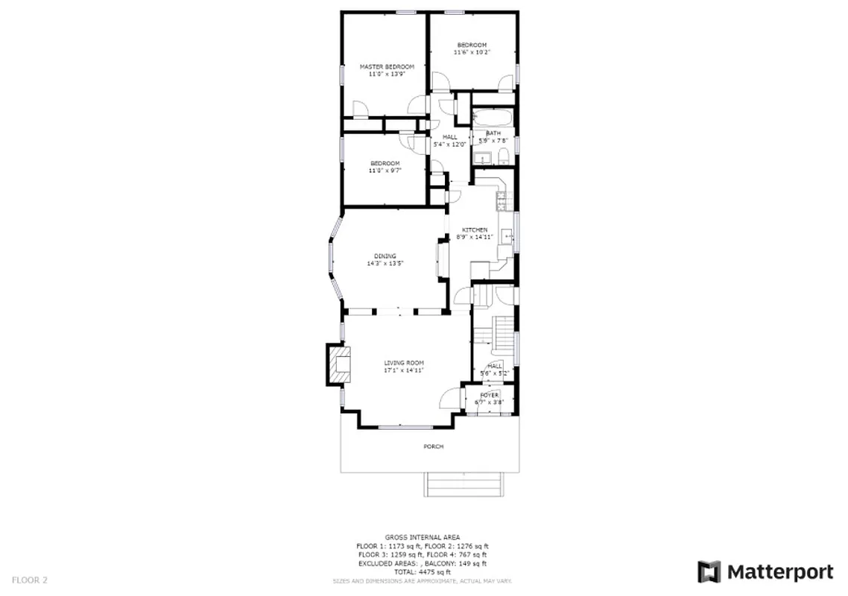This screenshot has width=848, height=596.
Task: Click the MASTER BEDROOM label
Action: pyautogui.click(x=387, y=66)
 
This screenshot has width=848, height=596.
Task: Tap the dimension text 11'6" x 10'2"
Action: pyautogui.click(x=472, y=52)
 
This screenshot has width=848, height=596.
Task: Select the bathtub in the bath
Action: pyautogui.click(x=493, y=118)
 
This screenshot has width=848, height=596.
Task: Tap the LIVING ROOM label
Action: pyautogui.click(x=404, y=363)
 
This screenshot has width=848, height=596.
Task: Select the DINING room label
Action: pyautogui.click(x=385, y=256)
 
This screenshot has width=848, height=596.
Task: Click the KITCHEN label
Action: pyautogui.click(x=475, y=229)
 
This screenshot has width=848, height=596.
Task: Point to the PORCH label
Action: pyautogui.click(x=433, y=446)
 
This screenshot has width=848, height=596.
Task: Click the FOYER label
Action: pyautogui.click(x=490, y=395)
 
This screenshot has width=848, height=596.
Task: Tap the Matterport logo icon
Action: pyautogui.click(x=709, y=572)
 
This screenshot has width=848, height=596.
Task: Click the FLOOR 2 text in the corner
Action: pyautogui.click(x=31, y=579)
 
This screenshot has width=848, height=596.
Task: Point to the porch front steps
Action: pyautogui.click(x=463, y=484)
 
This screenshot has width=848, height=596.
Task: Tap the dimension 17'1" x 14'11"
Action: pyautogui.click(x=404, y=370)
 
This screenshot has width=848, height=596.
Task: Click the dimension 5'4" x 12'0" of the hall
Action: pyautogui.click(x=450, y=145)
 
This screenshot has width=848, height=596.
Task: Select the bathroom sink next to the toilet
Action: pyautogui.click(x=484, y=157)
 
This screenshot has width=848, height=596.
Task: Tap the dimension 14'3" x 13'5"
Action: pyautogui.click(x=385, y=264)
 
